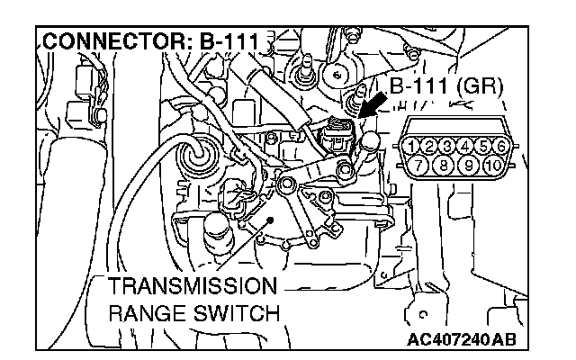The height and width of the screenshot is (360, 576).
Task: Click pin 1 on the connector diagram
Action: pyautogui.click(x=409, y=146)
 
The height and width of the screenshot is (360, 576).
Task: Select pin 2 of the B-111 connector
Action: pyautogui.click(x=427, y=146)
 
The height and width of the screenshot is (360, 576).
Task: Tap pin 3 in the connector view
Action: pyautogui.click(x=445, y=146)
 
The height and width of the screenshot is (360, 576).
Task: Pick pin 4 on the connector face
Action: pyautogui.click(x=463, y=146)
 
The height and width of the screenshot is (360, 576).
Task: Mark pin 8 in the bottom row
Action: pyautogui.click(x=441, y=166)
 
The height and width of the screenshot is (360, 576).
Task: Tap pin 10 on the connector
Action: pyautogui.click(x=490, y=166)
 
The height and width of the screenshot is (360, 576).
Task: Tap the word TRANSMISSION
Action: pyautogui.click(x=190, y=288)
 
